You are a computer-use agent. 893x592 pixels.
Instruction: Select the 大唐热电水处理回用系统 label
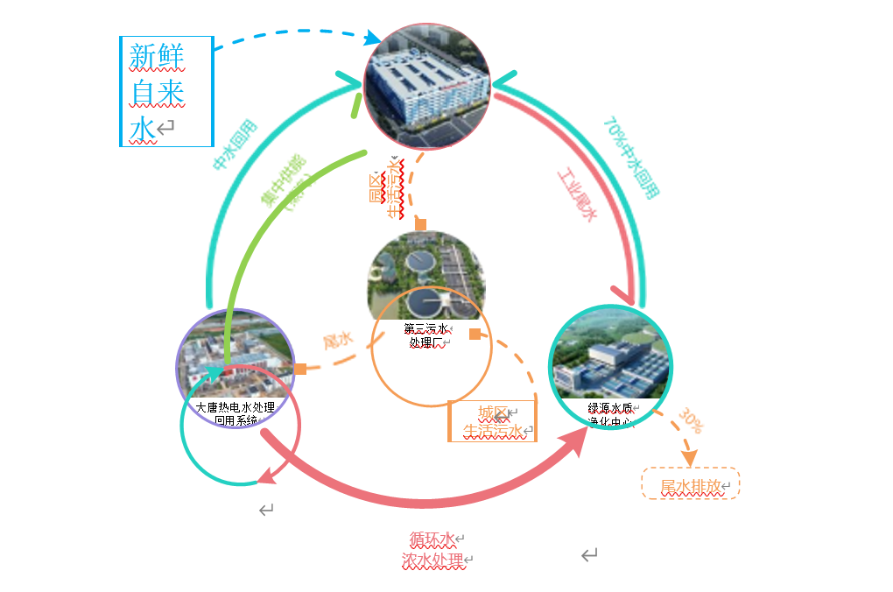point(235,413)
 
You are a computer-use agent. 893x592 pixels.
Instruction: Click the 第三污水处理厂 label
point(426,335)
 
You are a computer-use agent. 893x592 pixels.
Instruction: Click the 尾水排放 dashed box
point(691,484)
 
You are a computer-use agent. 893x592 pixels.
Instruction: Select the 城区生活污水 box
point(492,421)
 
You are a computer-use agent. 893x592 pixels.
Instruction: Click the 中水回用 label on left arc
point(234,145)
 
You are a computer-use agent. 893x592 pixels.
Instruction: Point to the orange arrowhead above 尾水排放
point(689,457)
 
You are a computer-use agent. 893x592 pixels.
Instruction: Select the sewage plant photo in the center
point(426,276)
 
